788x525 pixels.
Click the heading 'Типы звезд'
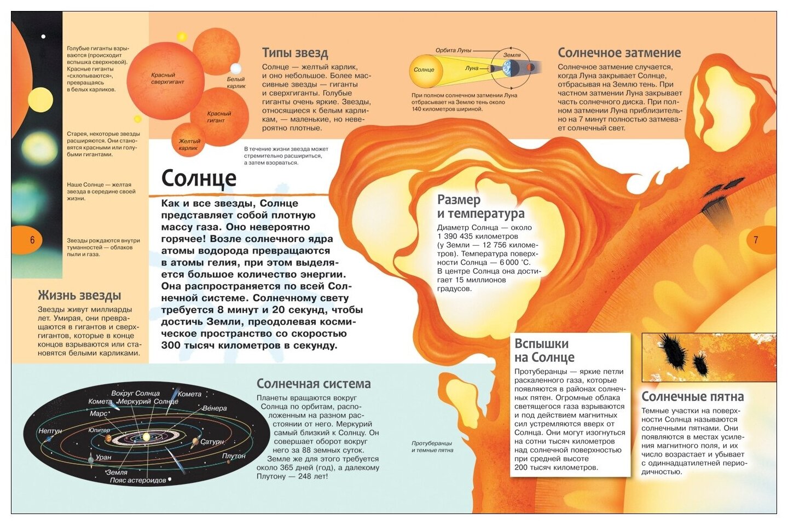295,53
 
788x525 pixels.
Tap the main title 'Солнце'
199,178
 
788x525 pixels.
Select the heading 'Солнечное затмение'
619,53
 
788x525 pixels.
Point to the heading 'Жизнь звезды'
79,296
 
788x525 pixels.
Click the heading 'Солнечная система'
314,384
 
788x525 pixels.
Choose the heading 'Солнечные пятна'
692,397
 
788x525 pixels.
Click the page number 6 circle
32,240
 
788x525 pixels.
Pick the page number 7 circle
756,240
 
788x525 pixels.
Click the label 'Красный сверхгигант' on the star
167,78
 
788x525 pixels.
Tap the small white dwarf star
236,69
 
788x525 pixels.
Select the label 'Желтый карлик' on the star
189,145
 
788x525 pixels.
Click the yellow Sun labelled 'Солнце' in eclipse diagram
424,70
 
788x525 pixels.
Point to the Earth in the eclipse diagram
511,68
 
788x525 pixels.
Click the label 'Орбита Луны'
453,50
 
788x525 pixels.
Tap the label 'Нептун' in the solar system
50,431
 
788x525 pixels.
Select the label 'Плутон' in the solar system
234,456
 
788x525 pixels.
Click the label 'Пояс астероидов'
137,481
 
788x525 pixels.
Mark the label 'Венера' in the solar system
215,408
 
